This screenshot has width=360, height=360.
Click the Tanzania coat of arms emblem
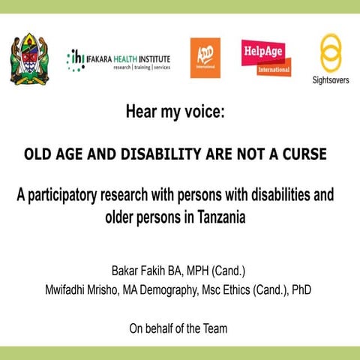click(x=29, y=58)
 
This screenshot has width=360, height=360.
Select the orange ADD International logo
click(x=205, y=58)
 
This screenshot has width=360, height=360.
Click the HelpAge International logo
click(x=266, y=58)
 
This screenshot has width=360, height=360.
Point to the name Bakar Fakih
click(x=137, y=269)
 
